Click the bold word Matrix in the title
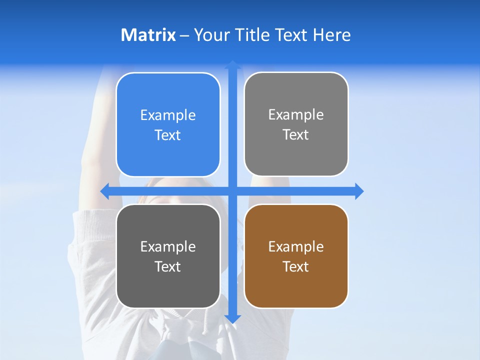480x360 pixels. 148,35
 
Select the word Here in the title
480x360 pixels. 332,35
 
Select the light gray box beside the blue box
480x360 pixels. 296,155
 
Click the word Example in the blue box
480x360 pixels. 168,115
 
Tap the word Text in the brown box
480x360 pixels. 296,266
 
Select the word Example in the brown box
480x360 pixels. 296,246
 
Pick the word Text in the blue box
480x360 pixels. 168,135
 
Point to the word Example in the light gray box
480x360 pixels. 296,115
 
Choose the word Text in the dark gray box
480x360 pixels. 168,266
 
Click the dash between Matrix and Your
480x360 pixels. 184,35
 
